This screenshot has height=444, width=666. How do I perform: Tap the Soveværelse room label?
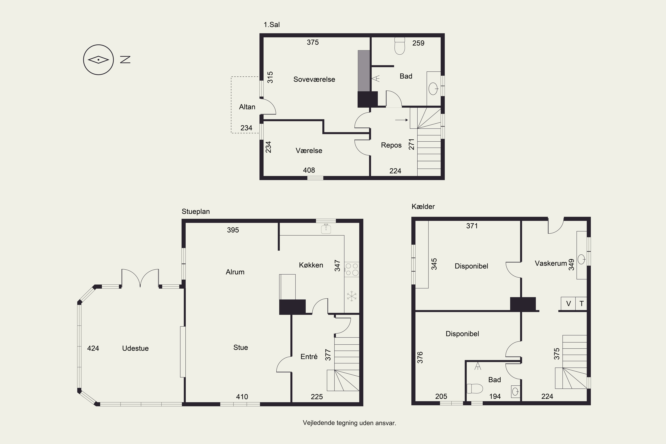[314, 79]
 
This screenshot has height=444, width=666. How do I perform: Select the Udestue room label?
[135, 348]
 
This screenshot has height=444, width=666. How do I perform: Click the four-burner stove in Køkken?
[352, 269]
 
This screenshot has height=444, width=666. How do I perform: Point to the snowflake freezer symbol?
[352, 296]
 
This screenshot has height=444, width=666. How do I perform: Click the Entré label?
[309, 357]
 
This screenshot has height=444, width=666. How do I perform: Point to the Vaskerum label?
[551, 263]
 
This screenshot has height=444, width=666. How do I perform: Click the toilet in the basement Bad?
[475, 388]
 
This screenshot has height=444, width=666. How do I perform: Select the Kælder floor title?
[423, 206]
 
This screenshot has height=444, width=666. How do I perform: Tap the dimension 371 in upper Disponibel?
[472, 226]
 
